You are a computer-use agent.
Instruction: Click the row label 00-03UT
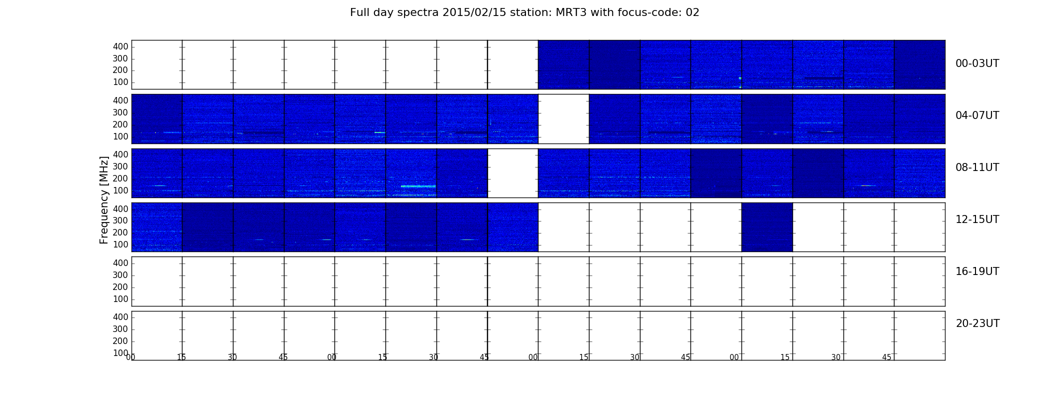977,63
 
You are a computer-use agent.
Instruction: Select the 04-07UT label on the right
977,115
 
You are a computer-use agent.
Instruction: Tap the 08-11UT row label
977,167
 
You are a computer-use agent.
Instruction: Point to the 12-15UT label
977,219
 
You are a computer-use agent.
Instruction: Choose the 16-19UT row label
977,271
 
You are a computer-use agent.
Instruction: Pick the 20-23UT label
977,323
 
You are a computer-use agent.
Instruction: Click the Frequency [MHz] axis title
104,200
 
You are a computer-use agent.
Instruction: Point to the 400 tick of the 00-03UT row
120,46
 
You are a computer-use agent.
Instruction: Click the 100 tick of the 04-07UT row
120,136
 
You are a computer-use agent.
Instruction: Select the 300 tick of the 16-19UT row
120,275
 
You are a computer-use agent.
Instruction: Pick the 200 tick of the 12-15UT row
120,232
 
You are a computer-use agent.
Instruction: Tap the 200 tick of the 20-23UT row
120,341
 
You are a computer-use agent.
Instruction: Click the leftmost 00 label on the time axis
130,357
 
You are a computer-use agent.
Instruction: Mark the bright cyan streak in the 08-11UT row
418,186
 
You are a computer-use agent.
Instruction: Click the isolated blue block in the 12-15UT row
767,227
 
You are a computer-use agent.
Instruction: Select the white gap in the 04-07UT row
563,119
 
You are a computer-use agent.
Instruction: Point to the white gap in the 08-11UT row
513,173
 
